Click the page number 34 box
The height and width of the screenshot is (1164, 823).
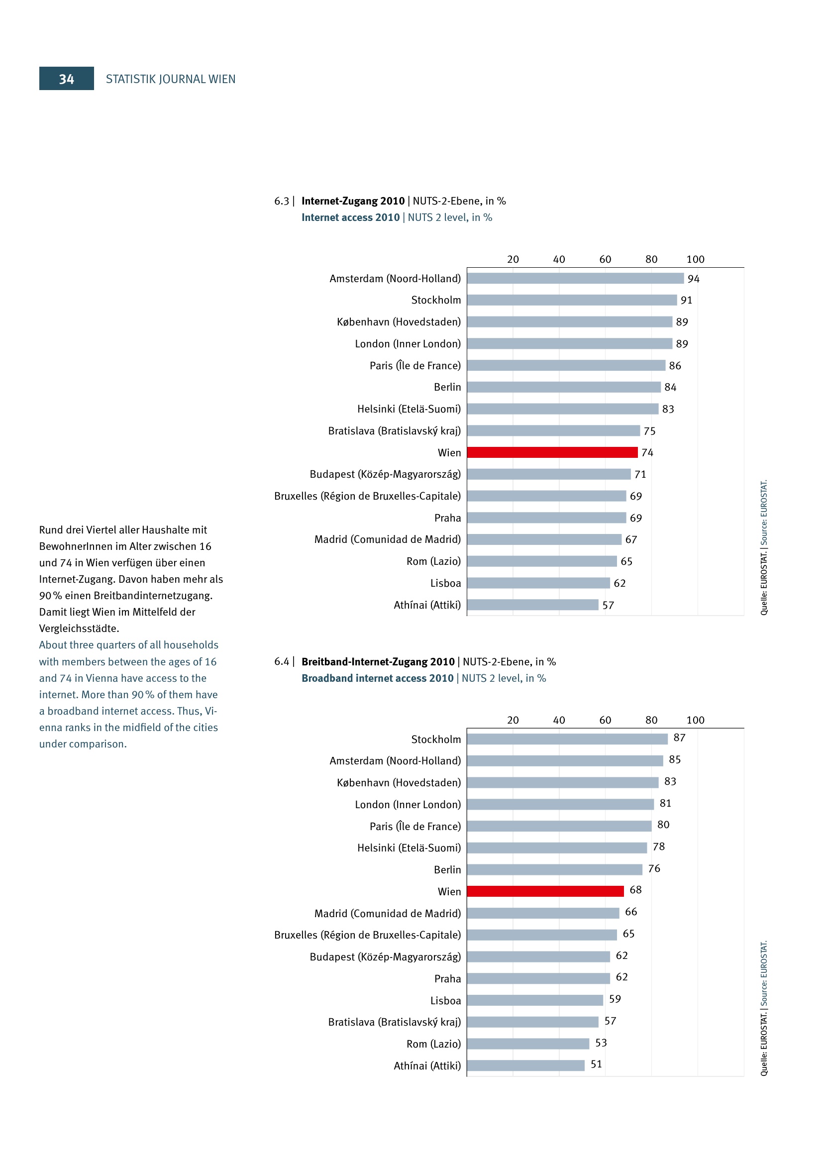[66, 79]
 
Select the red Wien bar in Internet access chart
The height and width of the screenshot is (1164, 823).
[552, 452]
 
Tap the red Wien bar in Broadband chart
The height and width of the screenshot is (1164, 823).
[545, 891]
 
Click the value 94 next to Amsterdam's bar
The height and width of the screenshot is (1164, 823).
[693, 279]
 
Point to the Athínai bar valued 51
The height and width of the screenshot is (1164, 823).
[525, 1065]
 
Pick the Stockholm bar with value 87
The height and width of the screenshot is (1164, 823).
[567, 739]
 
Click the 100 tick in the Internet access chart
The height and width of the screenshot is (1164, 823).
[695, 259]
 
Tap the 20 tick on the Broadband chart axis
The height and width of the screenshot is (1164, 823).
[513, 720]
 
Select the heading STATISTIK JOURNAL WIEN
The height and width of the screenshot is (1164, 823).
[170, 79]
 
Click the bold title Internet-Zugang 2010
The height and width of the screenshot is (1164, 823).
[353, 201]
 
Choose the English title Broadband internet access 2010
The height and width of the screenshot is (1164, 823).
[377, 678]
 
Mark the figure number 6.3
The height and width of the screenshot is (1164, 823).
[282, 201]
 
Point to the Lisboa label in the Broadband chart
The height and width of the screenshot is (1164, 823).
[445, 1000]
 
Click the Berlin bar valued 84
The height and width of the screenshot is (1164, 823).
[564, 387]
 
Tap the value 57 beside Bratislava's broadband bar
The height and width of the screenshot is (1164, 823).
[610, 1021]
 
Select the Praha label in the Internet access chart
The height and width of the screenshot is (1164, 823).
[447, 518]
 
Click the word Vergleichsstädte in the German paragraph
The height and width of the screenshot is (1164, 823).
[78, 629]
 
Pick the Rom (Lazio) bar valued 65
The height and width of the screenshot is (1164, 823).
[542, 561]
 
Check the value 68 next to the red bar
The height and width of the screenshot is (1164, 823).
[635, 890]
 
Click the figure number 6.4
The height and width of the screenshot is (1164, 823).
[282, 661]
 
